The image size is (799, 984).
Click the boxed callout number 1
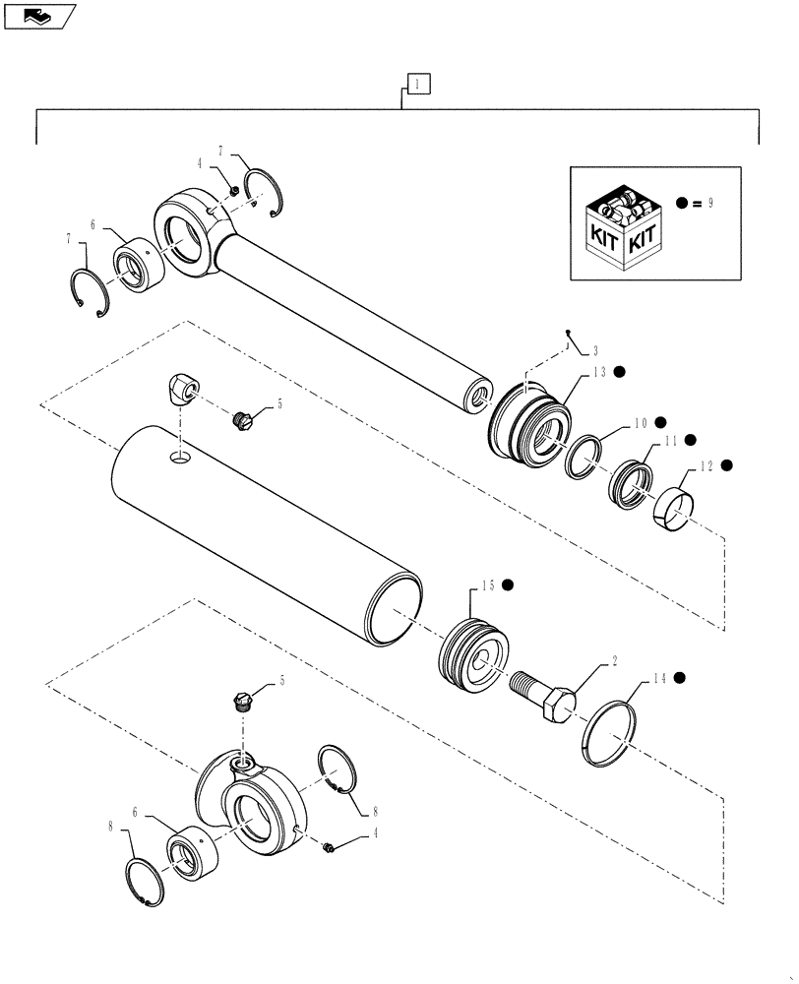click(417, 85)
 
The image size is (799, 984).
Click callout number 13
click(598, 372)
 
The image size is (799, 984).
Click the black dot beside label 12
click(727, 464)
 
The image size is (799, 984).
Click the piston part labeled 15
click(474, 658)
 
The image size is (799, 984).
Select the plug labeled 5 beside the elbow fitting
click(240, 420)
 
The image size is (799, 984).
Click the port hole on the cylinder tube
click(180, 457)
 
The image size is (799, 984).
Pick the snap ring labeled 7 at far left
click(92, 294)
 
